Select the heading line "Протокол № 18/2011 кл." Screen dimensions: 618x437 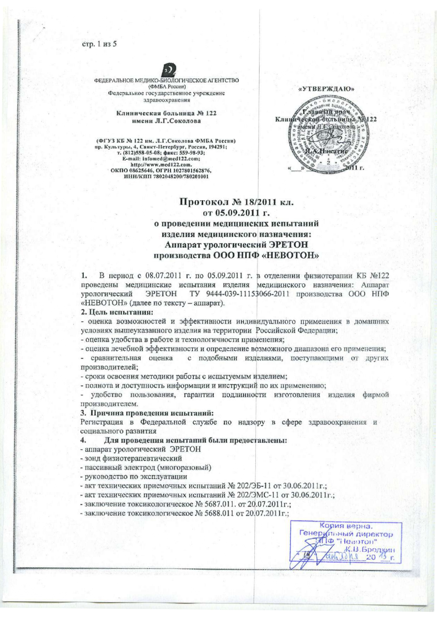pos(233,202)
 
